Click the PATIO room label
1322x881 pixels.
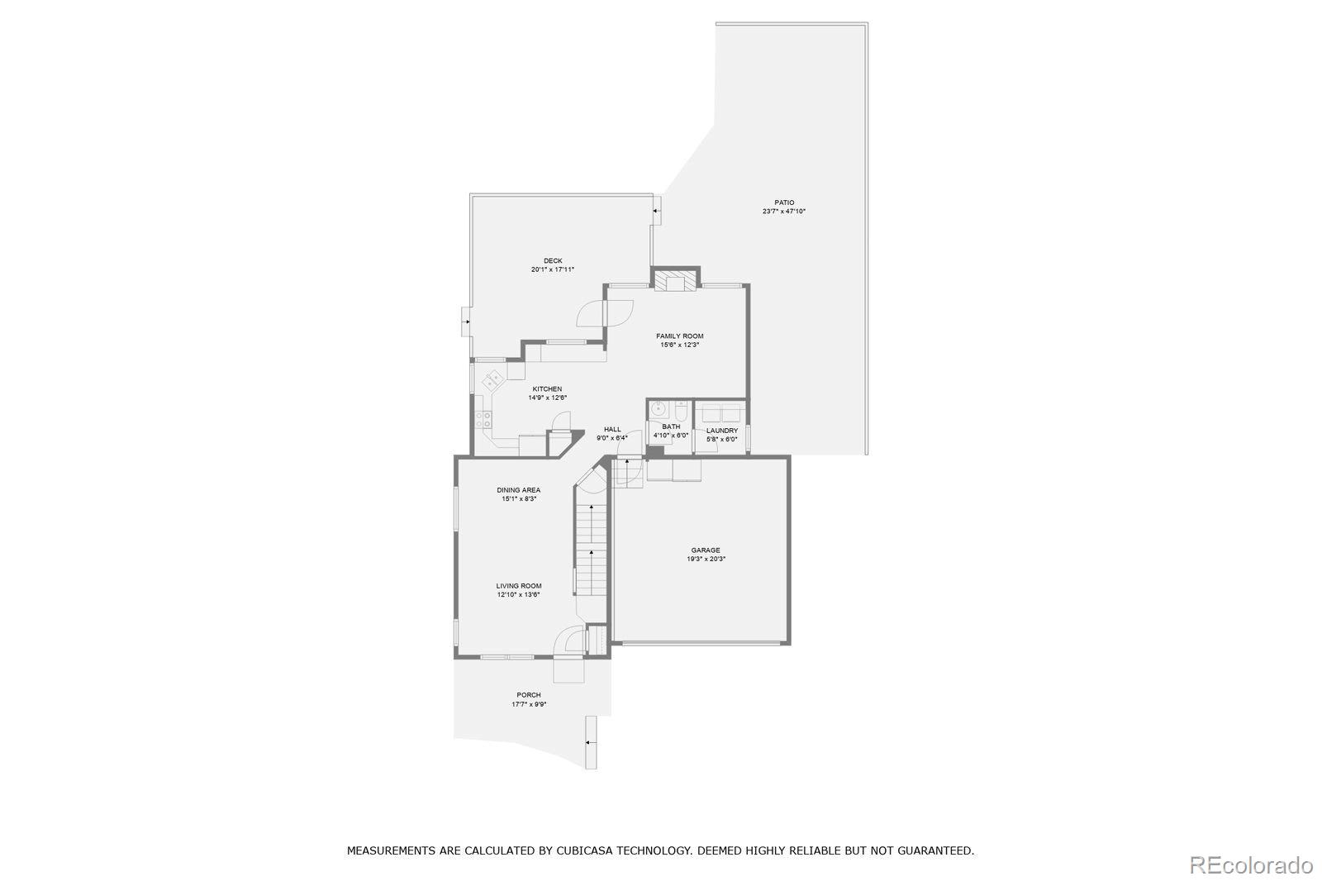[x=783, y=202]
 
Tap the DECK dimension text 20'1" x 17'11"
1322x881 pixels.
[x=552, y=269]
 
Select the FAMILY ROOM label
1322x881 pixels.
[x=679, y=336]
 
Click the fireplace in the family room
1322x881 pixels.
[x=675, y=280]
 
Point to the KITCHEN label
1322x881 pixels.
[x=547, y=389]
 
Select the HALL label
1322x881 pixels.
[x=611, y=429]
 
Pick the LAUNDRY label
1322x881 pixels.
[x=721, y=431]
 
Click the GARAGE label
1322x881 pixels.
[x=705, y=550]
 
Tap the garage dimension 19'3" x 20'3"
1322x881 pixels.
[x=705, y=560]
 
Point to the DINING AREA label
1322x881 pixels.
[x=518, y=490]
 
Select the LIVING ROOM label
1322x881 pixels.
[x=518, y=586]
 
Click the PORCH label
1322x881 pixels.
[x=528, y=695]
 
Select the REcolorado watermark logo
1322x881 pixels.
[x=1250, y=865]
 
